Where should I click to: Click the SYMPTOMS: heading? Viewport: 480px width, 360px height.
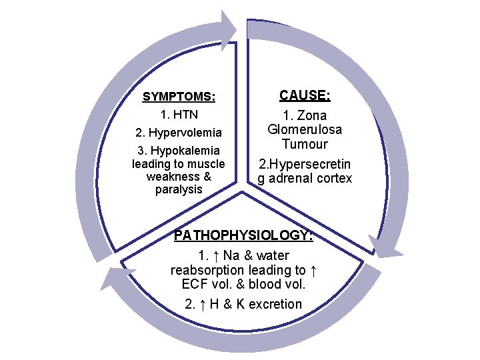click(179, 97)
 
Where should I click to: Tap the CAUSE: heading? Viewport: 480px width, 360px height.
click(304, 95)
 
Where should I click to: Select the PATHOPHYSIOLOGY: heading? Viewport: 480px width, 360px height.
click(243, 235)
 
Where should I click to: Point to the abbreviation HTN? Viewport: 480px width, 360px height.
click(186, 115)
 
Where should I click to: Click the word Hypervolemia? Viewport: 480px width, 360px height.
click(185, 132)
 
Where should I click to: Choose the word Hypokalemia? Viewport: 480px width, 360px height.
click(187, 150)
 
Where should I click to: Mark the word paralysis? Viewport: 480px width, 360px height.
click(178, 189)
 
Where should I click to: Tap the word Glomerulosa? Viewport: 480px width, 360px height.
click(304, 129)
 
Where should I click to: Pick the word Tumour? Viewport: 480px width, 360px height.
click(304, 144)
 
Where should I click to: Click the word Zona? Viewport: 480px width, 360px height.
click(313, 115)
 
